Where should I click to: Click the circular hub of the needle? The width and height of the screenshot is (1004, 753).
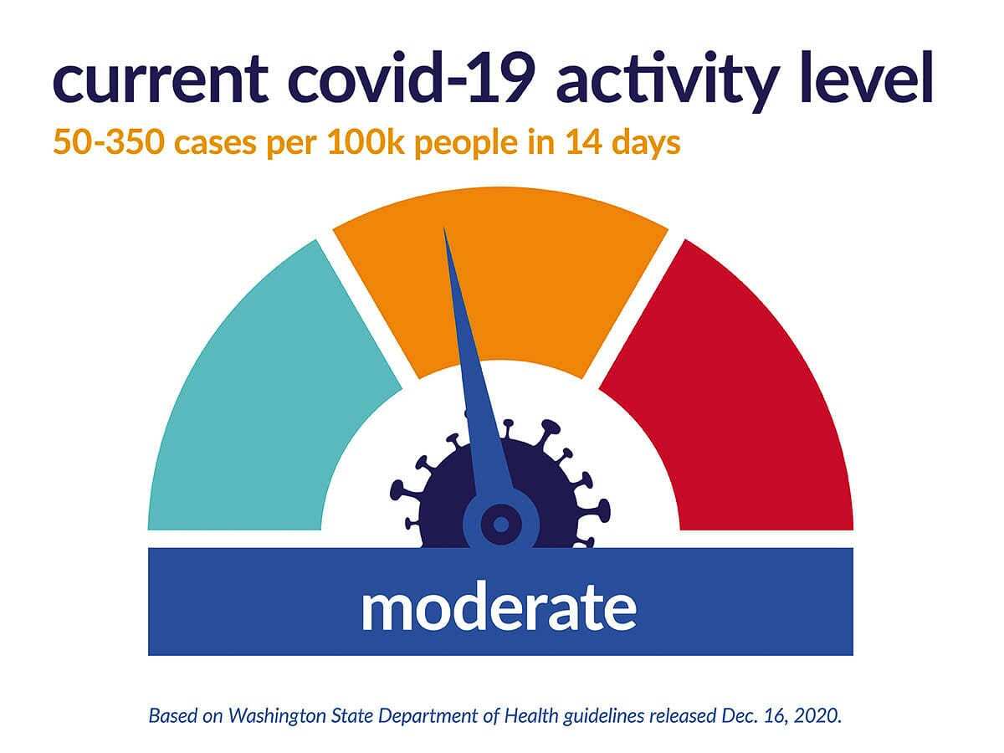click(500, 525)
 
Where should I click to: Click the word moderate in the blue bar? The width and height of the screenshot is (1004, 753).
click(499, 608)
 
